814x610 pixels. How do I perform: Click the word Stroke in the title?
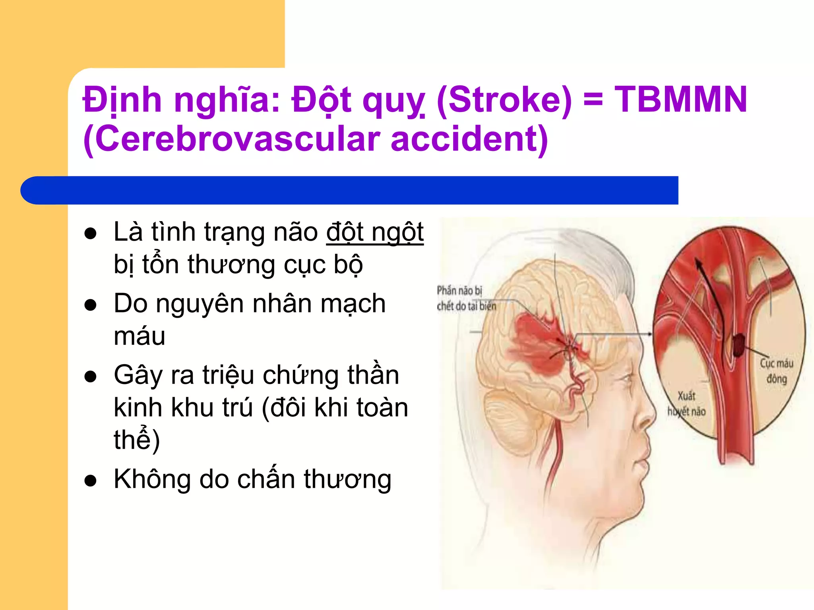click(x=504, y=100)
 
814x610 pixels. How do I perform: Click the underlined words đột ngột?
click(x=375, y=232)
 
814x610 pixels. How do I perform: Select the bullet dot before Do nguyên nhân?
click(x=91, y=305)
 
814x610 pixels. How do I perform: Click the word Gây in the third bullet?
click(x=137, y=376)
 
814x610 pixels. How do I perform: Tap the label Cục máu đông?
click(x=777, y=371)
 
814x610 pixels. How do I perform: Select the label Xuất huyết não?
click(x=686, y=403)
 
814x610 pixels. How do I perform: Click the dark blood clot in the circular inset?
click(x=738, y=344)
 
